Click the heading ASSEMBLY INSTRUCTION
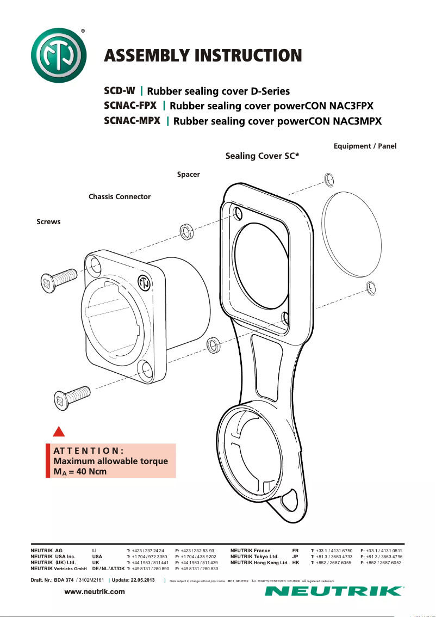(x=203, y=55)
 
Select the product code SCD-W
(x=120, y=90)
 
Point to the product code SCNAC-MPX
(x=132, y=120)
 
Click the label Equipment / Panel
(x=365, y=146)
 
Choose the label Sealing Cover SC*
(x=262, y=156)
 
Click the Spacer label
(x=189, y=175)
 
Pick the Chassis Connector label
(x=120, y=196)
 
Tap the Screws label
(x=48, y=221)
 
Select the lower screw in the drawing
(x=71, y=396)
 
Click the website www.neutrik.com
(x=95, y=591)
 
